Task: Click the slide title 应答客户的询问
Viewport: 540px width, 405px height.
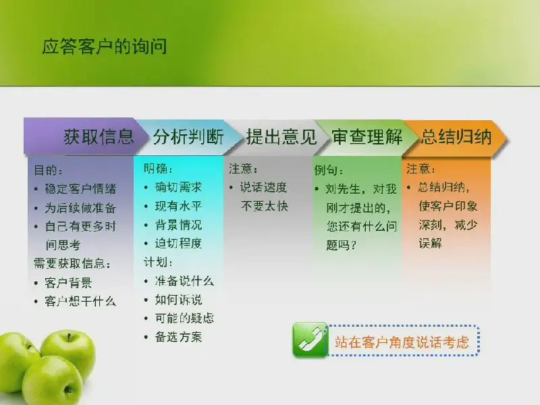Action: tap(105, 47)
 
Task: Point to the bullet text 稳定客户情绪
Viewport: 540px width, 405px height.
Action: tap(80, 189)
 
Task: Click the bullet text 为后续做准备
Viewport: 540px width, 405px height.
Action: tap(80, 208)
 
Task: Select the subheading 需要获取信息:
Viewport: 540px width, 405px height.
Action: tap(72, 264)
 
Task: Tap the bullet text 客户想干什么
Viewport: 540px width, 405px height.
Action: tap(80, 302)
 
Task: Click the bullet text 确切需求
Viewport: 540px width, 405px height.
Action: tap(178, 188)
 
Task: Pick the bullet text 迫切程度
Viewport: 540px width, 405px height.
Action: tap(178, 244)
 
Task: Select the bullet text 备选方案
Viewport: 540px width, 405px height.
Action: tap(178, 337)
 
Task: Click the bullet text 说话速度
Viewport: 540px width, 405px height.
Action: tap(263, 188)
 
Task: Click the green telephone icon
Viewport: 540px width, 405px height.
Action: tap(310, 340)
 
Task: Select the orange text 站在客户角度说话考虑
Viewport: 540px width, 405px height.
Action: tap(402, 342)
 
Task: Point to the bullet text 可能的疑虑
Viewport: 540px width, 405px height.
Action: tap(184, 318)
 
